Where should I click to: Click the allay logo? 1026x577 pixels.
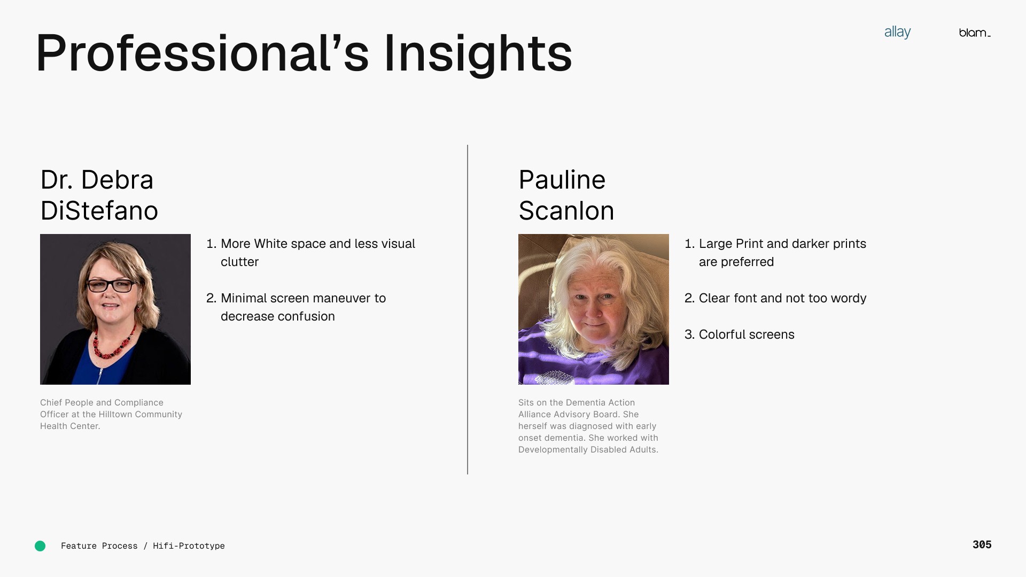897,33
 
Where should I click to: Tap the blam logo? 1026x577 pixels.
975,33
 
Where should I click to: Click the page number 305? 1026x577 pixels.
982,544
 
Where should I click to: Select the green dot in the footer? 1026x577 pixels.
40,546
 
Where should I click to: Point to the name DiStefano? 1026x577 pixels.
99,210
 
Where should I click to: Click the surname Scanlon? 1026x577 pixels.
566,210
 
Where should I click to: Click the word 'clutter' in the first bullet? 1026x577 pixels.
239,262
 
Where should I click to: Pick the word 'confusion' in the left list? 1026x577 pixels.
308,316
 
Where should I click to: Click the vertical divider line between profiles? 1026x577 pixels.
468,309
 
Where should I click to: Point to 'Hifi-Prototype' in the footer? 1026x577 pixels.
189,546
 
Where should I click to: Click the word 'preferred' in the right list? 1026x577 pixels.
747,262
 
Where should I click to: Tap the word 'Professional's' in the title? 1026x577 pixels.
202,53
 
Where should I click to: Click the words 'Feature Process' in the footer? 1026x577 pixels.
99,546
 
